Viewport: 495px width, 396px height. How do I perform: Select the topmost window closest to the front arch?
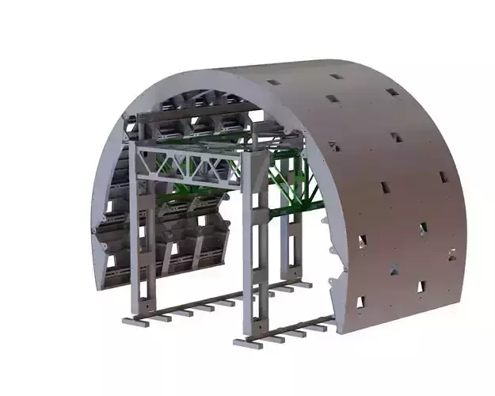[273, 82]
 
